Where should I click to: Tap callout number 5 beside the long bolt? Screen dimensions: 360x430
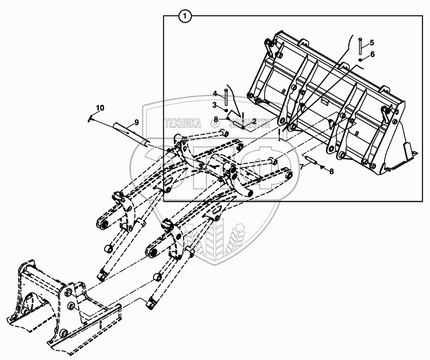coord(372,43)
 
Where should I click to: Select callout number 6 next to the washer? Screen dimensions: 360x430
coord(372,54)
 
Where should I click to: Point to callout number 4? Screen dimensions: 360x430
coord(215,93)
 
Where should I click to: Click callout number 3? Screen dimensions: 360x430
coord(215,105)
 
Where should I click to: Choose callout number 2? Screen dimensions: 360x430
coord(254,121)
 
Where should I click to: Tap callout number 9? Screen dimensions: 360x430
coord(136,122)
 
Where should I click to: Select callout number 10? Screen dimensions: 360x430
coord(100,108)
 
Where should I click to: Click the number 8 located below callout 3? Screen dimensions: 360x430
coord(215,118)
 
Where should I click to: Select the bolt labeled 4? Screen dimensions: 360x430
coord(226,97)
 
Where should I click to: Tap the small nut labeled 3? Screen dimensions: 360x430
coord(226,109)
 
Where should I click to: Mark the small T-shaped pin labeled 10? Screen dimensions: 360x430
coord(91,117)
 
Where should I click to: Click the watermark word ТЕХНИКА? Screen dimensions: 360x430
coord(183,124)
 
